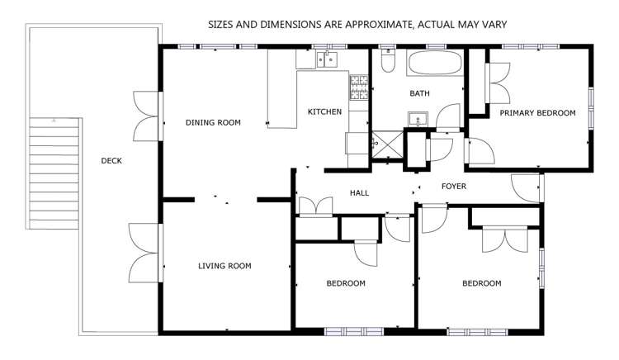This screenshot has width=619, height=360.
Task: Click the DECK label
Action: click(111, 161)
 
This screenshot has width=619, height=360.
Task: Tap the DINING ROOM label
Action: click(213, 123)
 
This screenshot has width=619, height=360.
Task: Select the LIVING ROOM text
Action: click(224, 266)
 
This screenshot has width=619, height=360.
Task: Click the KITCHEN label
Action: click(324, 112)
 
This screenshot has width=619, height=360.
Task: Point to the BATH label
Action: click(419, 94)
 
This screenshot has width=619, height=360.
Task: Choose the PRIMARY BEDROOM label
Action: click(537, 112)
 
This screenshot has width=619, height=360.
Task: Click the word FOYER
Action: click(454, 187)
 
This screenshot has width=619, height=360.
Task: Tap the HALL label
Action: click(359, 193)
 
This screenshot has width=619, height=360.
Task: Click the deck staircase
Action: click(55, 173)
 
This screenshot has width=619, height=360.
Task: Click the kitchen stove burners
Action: click(360, 88)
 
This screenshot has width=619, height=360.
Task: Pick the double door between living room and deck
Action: click(145, 252)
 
